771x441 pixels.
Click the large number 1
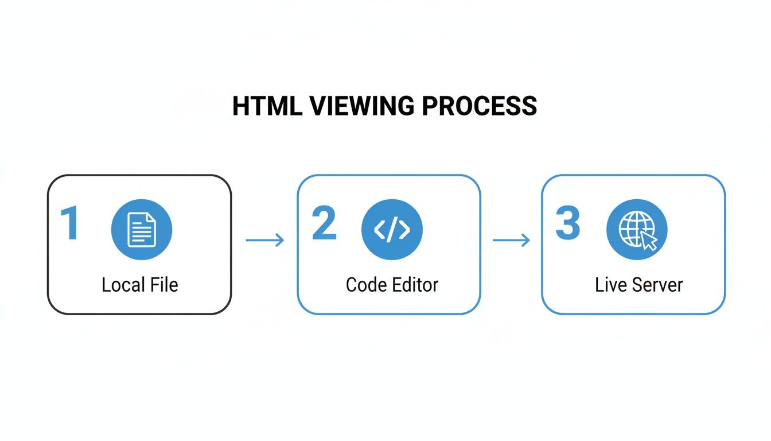[x=70, y=224]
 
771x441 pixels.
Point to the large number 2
[x=324, y=224]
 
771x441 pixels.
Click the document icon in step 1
[x=141, y=229]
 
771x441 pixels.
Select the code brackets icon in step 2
[x=392, y=230]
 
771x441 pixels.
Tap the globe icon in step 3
[x=633, y=229]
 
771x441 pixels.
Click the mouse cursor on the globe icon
[x=648, y=241]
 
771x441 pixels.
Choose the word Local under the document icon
[x=122, y=285]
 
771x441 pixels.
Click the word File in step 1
[x=164, y=285]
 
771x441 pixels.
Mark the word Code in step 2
[x=365, y=285]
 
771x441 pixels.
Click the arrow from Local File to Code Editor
[x=264, y=240]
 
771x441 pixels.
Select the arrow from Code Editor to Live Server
[x=511, y=240]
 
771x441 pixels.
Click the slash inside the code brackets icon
[x=392, y=230]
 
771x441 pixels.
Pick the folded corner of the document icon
[x=151, y=216]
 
